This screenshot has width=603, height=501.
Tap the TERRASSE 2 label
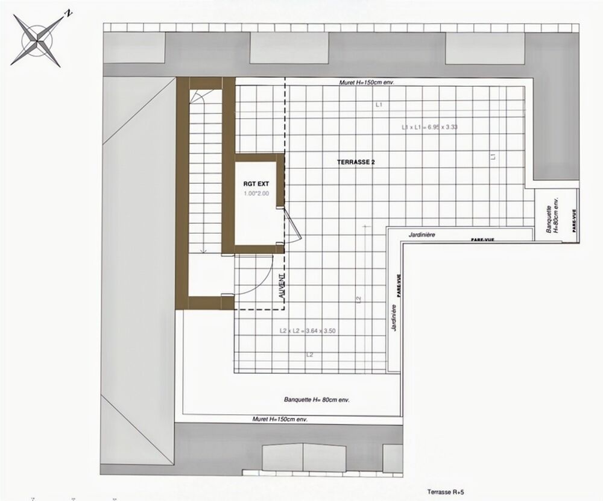click(x=356, y=162)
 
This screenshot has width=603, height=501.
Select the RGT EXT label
click(x=255, y=184)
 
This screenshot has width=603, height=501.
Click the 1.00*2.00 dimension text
click(x=256, y=194)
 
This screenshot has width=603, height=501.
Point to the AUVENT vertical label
click(x=282, y=285)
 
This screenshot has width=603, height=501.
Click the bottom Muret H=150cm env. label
click(x=275, y=419)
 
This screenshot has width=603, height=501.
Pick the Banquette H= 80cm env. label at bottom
click(x=317, y=400)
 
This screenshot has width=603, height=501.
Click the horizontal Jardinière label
click(x=422, y=235)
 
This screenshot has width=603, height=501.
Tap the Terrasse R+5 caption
click(x=446, y=491)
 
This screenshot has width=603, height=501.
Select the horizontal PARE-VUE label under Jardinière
click(x=482, y=240)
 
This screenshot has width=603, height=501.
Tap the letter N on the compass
click(x=70, y=13)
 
